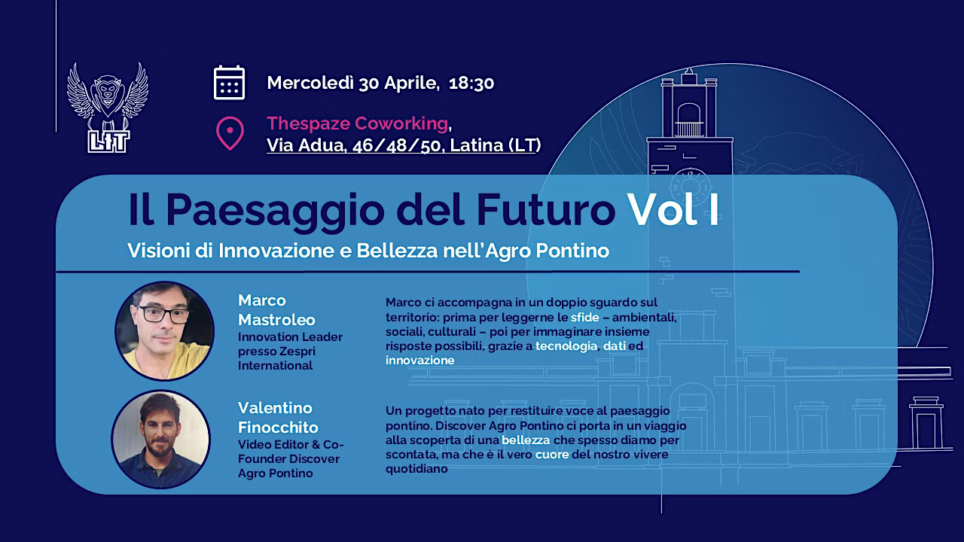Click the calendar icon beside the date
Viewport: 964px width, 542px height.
(230, 83)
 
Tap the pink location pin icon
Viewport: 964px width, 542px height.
(230, 133)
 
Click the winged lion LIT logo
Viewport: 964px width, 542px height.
(108, 108)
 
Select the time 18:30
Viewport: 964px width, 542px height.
(471, 83)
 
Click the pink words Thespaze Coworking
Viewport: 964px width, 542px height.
(358, 123)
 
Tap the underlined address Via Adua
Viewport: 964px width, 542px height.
(306, 145)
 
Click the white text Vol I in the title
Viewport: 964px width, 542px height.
(673, 209)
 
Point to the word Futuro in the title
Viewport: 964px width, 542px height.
(546, 209)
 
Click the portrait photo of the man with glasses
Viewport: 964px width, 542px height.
(164, 330)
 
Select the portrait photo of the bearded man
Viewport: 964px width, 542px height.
(161, 439)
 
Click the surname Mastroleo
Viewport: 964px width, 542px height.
(276, 320)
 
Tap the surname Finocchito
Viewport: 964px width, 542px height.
(278, 428)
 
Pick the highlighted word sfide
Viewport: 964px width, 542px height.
(585, 318)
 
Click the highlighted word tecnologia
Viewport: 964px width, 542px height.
(566, 346)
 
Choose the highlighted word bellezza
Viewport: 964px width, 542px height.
(526, 440)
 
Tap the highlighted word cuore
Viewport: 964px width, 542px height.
(552, 454)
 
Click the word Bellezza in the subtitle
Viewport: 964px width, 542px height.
(397, 251)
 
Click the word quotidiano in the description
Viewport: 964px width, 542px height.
(416, 469)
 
